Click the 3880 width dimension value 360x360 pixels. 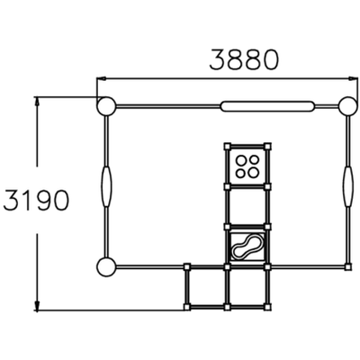point(244,59)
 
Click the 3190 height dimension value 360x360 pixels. point(36,200)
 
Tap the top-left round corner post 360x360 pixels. point(106,106)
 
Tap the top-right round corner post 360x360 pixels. point(348,105)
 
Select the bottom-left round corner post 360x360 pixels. point(106,266)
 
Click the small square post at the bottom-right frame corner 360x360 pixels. point(347,266)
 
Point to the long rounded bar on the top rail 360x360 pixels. point(267,106)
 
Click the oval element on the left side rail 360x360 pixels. point(106,186)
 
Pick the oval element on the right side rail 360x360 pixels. point(348,186)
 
